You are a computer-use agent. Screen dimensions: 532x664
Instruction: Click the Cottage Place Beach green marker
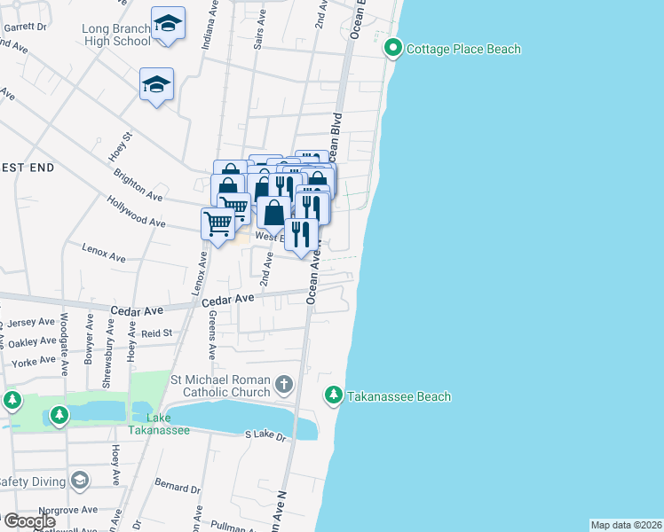coord(393,49)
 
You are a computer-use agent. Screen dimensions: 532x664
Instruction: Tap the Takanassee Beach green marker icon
coord(334,396)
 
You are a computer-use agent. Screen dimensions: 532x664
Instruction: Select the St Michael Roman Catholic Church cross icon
coord(283,385)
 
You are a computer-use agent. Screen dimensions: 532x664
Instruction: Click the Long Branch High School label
coord(116,35)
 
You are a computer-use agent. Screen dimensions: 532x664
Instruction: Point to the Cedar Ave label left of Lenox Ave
coord(138,310)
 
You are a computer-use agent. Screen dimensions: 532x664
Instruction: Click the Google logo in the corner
coord(28,521)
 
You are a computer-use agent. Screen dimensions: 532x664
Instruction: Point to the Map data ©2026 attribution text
coord(626,525)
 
